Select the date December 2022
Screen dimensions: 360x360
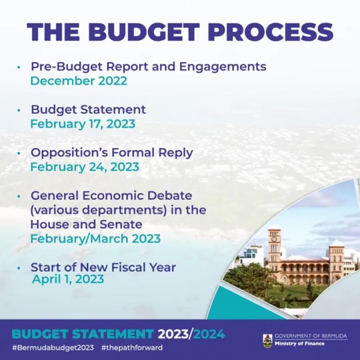pyautogui.click(x=79, y=81)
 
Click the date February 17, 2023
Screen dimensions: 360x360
pyautogui.click(x=83, y=124)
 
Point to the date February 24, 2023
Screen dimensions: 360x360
pyautogui.click(x=85, y=167)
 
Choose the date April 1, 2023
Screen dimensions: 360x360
pyautogui.click(x=68, y=279)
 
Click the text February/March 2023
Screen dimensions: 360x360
pyautogui.click(x=95, y=239)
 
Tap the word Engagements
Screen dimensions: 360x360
pyautogui.click(x=223, y=67)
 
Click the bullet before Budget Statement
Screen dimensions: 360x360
pyautogui.click(x=19, y=110)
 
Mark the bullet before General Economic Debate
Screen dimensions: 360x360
pyautogui.click(x=19, y=196)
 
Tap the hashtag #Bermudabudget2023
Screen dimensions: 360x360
pyautogui.click(x=53, y=347)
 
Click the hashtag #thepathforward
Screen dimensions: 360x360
pyautogui.click(x=132, y=347)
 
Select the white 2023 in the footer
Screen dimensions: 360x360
pyautogui.click(x=173, y=334)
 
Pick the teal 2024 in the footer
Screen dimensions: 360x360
pyautogui.click(x=209, y=334)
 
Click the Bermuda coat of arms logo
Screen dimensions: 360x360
pyautogui.click(x=268, y=341)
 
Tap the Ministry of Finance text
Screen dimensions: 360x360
pyautogui.click(x=300, y=344)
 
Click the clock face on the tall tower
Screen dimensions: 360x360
pyautogui.click(x=274, y=239)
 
